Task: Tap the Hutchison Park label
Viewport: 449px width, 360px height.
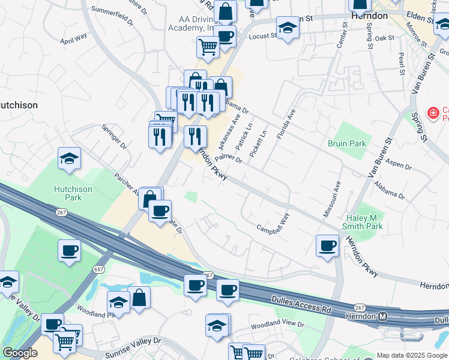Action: pyautogui.click(x=73, y=193)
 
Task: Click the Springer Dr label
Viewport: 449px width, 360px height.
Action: pyautogui.click(x=114, y=137)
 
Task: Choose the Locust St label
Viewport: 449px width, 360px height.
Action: pyautogui.click(x=262, y=36)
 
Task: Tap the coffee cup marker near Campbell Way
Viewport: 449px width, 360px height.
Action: pyautogui.click(x=328, y=246)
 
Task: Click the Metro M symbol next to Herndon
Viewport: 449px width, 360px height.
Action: pyautogui.click(x=382, y=316)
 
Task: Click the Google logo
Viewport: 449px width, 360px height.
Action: pyautogui.click(x=20, y=353)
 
